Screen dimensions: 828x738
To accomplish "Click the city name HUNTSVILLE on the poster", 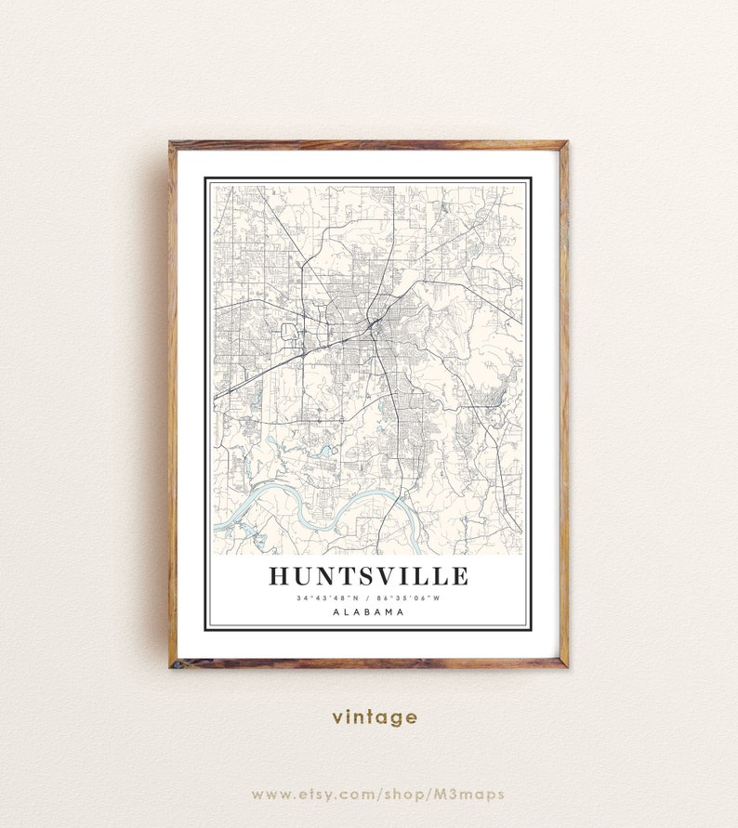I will [368, 576].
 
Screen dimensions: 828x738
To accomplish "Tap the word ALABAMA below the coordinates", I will [368, 612].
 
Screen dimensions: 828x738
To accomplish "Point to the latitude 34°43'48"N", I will [326, 598].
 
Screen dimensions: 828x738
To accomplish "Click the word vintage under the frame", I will [375, 717].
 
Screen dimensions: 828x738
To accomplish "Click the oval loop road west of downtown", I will [289, 331].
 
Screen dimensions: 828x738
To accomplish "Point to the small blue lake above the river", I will [326, 450].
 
